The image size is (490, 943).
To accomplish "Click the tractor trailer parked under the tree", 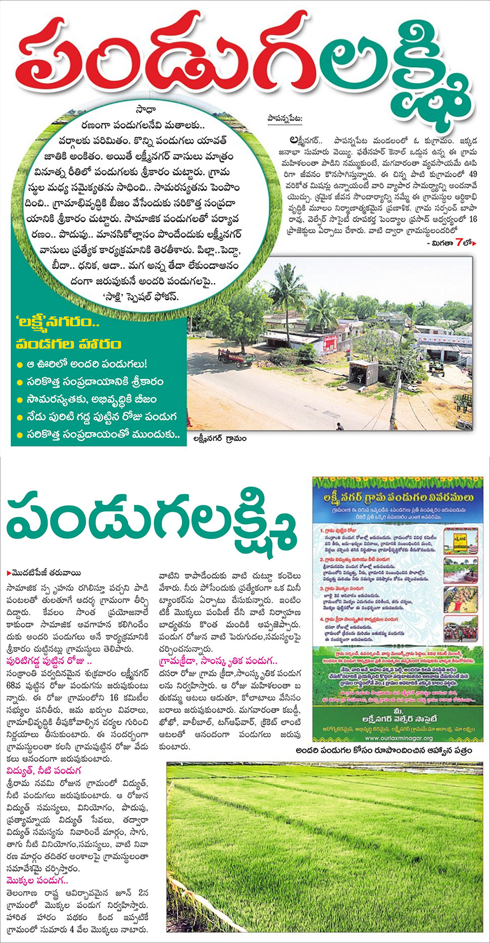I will [236, 358].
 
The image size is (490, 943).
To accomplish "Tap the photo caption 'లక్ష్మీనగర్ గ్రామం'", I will [223, 439].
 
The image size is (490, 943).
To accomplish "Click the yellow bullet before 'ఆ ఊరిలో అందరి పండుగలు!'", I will [20, 365].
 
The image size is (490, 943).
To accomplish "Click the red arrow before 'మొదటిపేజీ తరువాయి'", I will [9, 573].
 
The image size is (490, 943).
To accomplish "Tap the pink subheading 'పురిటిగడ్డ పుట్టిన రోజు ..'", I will [49, 661].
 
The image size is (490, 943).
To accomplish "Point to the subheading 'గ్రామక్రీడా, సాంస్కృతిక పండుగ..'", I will [218, 661].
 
